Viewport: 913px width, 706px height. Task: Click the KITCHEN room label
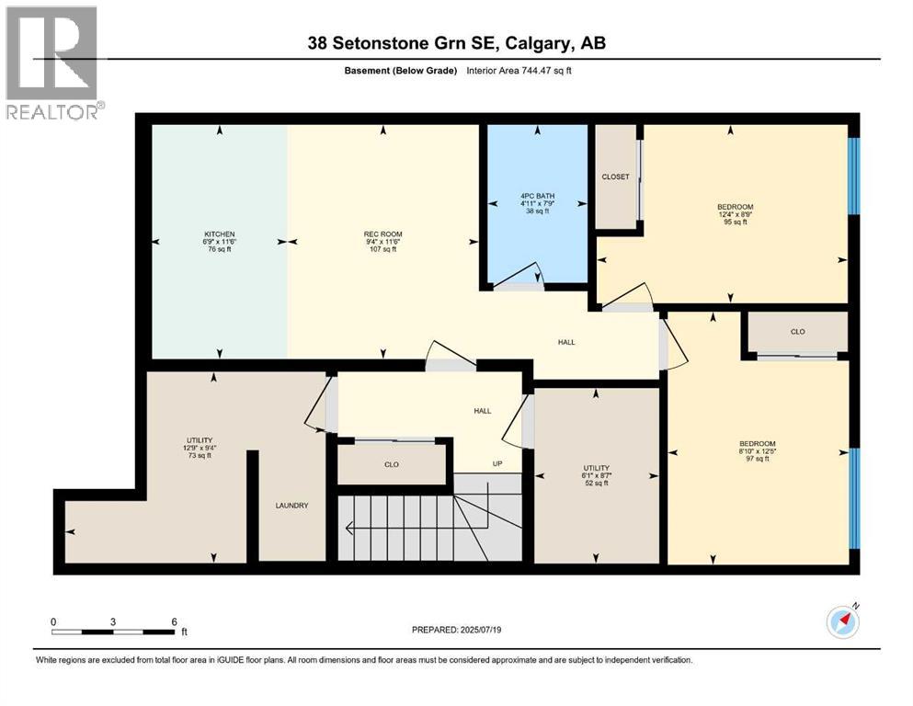[220, 234]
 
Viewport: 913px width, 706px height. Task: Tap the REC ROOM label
[382, 234]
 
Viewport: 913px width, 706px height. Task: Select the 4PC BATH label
[537, 195]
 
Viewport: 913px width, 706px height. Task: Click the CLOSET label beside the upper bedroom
[615, 176]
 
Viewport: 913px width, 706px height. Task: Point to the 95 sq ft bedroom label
[735, 206]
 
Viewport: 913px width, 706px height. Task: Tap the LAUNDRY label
[291, 506]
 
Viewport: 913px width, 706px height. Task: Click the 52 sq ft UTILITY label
[596, 468]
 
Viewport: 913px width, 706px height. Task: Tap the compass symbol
[842, 622]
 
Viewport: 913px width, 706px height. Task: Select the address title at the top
[456, 43]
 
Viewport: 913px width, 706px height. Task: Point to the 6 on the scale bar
[174, 622]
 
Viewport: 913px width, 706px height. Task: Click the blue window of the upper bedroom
[853, 175]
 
